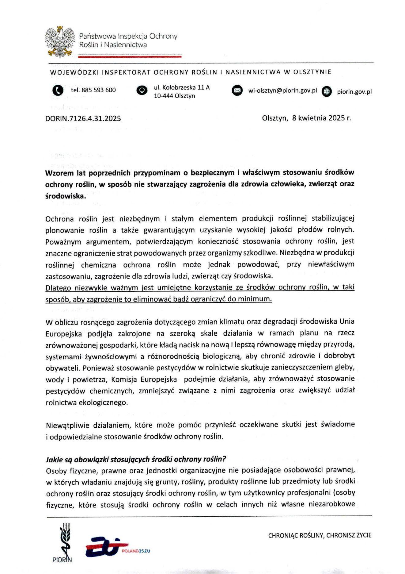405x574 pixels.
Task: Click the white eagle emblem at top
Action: coord(60,41)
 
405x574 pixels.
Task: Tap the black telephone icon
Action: coord(58,90)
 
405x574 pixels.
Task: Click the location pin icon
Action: coord(142,91)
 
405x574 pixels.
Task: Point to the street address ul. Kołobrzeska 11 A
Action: coord(182,87)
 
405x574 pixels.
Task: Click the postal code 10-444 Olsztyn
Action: coord(174,96)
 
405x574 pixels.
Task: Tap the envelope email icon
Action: coord(237,91)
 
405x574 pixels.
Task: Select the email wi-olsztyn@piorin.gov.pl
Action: coord(282,91)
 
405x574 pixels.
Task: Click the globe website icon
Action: coord(327,91)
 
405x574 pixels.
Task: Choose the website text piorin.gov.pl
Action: coord(354,92)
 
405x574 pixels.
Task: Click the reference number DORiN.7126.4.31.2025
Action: coord(83,119)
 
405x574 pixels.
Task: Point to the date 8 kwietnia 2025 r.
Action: coord(322,118)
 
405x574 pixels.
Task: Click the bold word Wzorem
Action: coord(59,173)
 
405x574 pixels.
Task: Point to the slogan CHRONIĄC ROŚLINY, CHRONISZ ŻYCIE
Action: coord(320,535)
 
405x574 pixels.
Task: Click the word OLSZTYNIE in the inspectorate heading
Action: coord(312,72)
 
